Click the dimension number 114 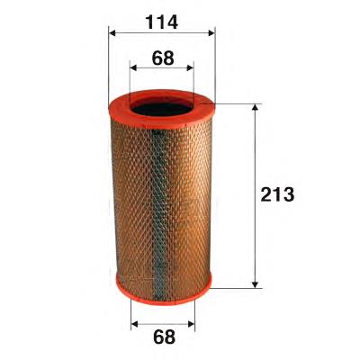[x=162, y=22]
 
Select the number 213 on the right [x=277, y=194]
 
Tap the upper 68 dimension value [x=163, y=58]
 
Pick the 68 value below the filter [x=164, y=337]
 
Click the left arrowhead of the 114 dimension [x=112, y=32]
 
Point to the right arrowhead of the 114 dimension [x=211, y=32]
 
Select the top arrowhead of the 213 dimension [x=255, y=108]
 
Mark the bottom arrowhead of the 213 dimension [x=255, y=284]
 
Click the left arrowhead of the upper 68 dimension [x=133, y=67]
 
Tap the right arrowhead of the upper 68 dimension [x=190, y=67]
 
